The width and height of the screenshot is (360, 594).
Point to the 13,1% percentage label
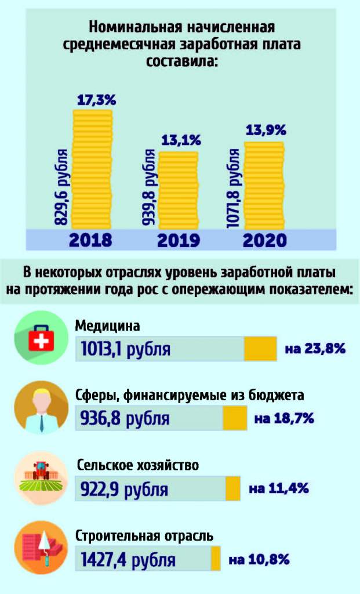181,140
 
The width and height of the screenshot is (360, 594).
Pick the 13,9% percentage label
266,131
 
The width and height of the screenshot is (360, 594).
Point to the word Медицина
108,326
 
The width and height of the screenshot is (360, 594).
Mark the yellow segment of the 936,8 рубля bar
235,418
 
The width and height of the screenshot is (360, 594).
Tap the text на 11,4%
278,488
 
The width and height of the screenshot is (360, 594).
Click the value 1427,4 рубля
128,560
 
